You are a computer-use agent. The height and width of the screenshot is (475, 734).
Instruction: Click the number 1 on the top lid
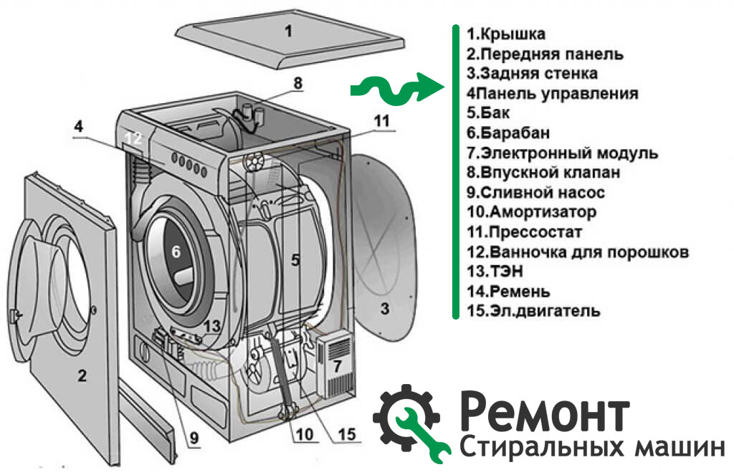(288, 31)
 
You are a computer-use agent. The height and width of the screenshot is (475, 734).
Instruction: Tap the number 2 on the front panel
(82, 375)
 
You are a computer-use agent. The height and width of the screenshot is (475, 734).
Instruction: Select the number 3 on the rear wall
(385, 309)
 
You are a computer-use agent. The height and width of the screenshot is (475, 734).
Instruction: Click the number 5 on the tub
(295, 260)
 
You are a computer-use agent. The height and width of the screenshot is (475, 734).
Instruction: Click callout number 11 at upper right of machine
(381, 120)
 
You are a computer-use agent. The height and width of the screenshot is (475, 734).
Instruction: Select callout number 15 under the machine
(346, 433)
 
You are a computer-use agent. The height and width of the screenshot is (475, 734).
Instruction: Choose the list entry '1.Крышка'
(505, 34)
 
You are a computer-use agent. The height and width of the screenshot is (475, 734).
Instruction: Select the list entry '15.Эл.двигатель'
(533, 311)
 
